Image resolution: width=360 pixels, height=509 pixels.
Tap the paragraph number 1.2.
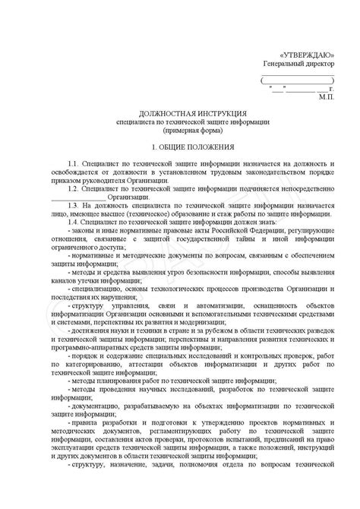click(x=74, y=188)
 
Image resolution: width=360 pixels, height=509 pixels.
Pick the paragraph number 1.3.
click(x=74, y=206)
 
